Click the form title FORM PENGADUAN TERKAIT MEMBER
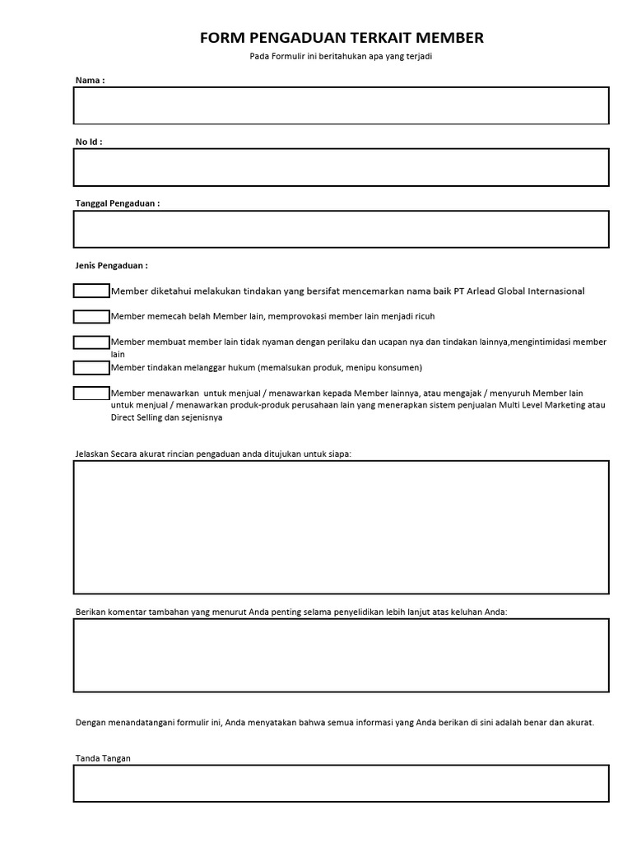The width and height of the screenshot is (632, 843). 342,38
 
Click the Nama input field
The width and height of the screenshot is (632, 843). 341,105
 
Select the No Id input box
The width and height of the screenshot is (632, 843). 341,167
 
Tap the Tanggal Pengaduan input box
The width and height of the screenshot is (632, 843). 341,229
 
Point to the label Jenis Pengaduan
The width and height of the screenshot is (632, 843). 111,266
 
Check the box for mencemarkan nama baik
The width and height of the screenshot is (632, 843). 91,291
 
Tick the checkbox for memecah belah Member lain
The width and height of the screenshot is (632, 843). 91,316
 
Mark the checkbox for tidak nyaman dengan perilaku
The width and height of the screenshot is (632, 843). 91,342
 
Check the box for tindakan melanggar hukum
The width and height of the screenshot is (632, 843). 91,367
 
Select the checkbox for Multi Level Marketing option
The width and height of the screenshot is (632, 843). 91,393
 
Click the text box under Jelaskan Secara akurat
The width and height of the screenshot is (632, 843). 341,527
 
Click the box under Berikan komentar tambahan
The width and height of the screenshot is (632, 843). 341,655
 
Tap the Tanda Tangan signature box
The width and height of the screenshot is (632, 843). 341,783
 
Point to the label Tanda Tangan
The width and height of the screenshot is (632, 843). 103,758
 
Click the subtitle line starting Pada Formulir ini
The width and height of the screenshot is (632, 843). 342,56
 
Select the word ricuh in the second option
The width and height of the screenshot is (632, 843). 424,316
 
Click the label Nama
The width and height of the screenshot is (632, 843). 90,80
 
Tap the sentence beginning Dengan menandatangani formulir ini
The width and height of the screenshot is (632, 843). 334,722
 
